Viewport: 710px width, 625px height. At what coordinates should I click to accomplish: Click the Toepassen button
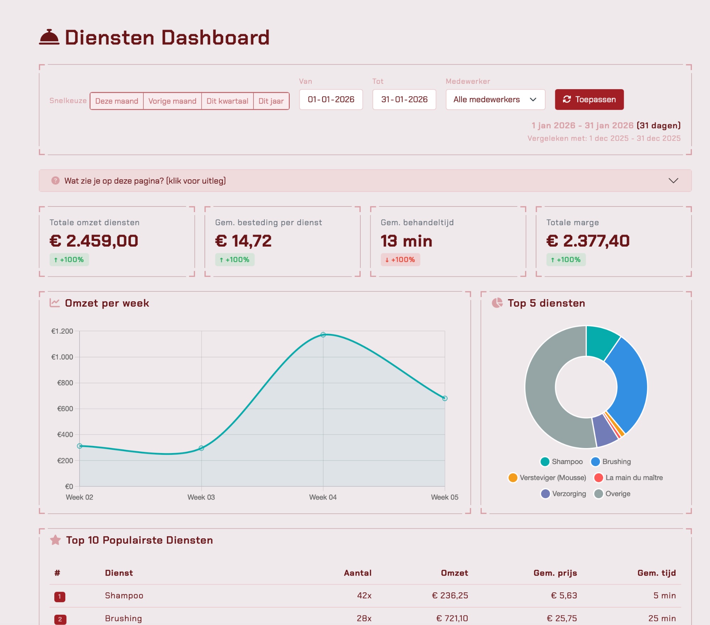[589, 99]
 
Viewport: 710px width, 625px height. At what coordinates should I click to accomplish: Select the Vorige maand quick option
[172, 101]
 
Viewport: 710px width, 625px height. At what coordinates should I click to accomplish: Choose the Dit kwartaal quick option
[227, 101]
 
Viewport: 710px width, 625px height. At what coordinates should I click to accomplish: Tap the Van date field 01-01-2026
[331, 99]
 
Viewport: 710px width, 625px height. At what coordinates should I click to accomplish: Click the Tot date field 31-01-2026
[404, 99]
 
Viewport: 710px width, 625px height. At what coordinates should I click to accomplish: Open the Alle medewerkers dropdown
[495, 99]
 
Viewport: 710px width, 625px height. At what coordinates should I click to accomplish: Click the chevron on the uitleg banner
[673, 181]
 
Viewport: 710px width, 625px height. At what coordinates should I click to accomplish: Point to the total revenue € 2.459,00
[94, 241]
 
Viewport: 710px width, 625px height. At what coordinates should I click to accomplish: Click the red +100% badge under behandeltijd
[400, 260]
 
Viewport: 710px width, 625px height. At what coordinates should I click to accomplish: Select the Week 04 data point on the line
[323, 335]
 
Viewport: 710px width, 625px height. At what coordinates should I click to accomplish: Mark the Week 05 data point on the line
[445, 398]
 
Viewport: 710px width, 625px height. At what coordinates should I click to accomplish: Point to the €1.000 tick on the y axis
[62, 357]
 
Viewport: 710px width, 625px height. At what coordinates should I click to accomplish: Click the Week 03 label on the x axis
[201, 497]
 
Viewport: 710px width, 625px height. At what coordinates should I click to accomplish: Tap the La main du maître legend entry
[629, 478]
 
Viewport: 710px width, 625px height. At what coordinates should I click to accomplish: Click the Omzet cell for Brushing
[452, 618]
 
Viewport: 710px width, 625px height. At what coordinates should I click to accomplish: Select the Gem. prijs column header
[555, 573]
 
